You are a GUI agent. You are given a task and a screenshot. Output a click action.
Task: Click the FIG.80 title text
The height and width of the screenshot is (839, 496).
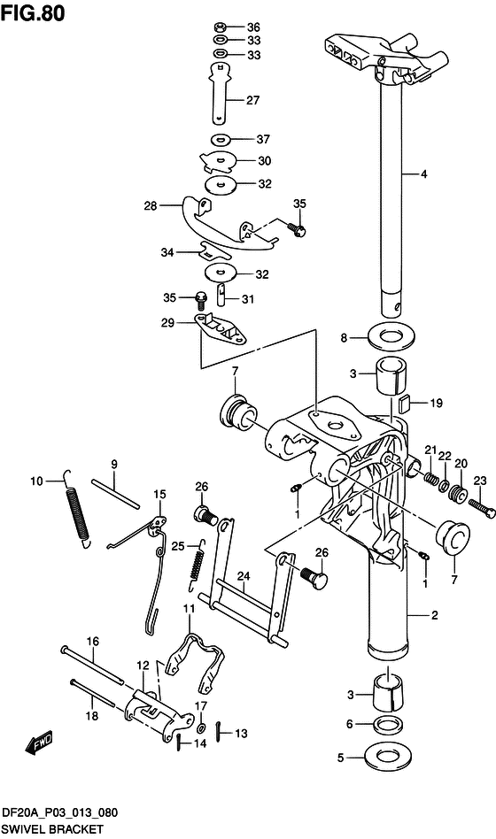pyautogui.click(x=33, y=12)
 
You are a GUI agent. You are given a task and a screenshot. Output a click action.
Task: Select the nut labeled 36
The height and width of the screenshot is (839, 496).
pyautogui.click(x=221, y=27)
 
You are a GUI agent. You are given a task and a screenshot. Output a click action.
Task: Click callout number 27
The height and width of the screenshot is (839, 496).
pyautogui.click(x=252, y=100)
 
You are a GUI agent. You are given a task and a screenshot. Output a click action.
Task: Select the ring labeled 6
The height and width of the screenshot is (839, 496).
pyautogui.click(x=388, y=725)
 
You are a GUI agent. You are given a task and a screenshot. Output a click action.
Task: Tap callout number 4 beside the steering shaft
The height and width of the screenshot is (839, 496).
pyautogui.click(x=423, y=173)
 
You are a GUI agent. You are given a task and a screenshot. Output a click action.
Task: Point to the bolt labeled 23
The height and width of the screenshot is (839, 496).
pyautogui.click(x=482, y=508)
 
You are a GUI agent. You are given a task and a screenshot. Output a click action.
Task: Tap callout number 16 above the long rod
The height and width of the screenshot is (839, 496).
pyautogui.click(x=93, y=642)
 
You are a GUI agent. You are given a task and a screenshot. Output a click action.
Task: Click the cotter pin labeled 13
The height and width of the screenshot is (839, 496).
pyautogui.click(x=221, y=731)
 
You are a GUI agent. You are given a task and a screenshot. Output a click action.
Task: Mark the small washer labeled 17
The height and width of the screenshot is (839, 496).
pyautogui.click(x=201, y=728)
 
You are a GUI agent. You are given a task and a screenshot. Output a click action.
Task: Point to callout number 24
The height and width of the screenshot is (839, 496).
pyautogui.click(x=244, y=576)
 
